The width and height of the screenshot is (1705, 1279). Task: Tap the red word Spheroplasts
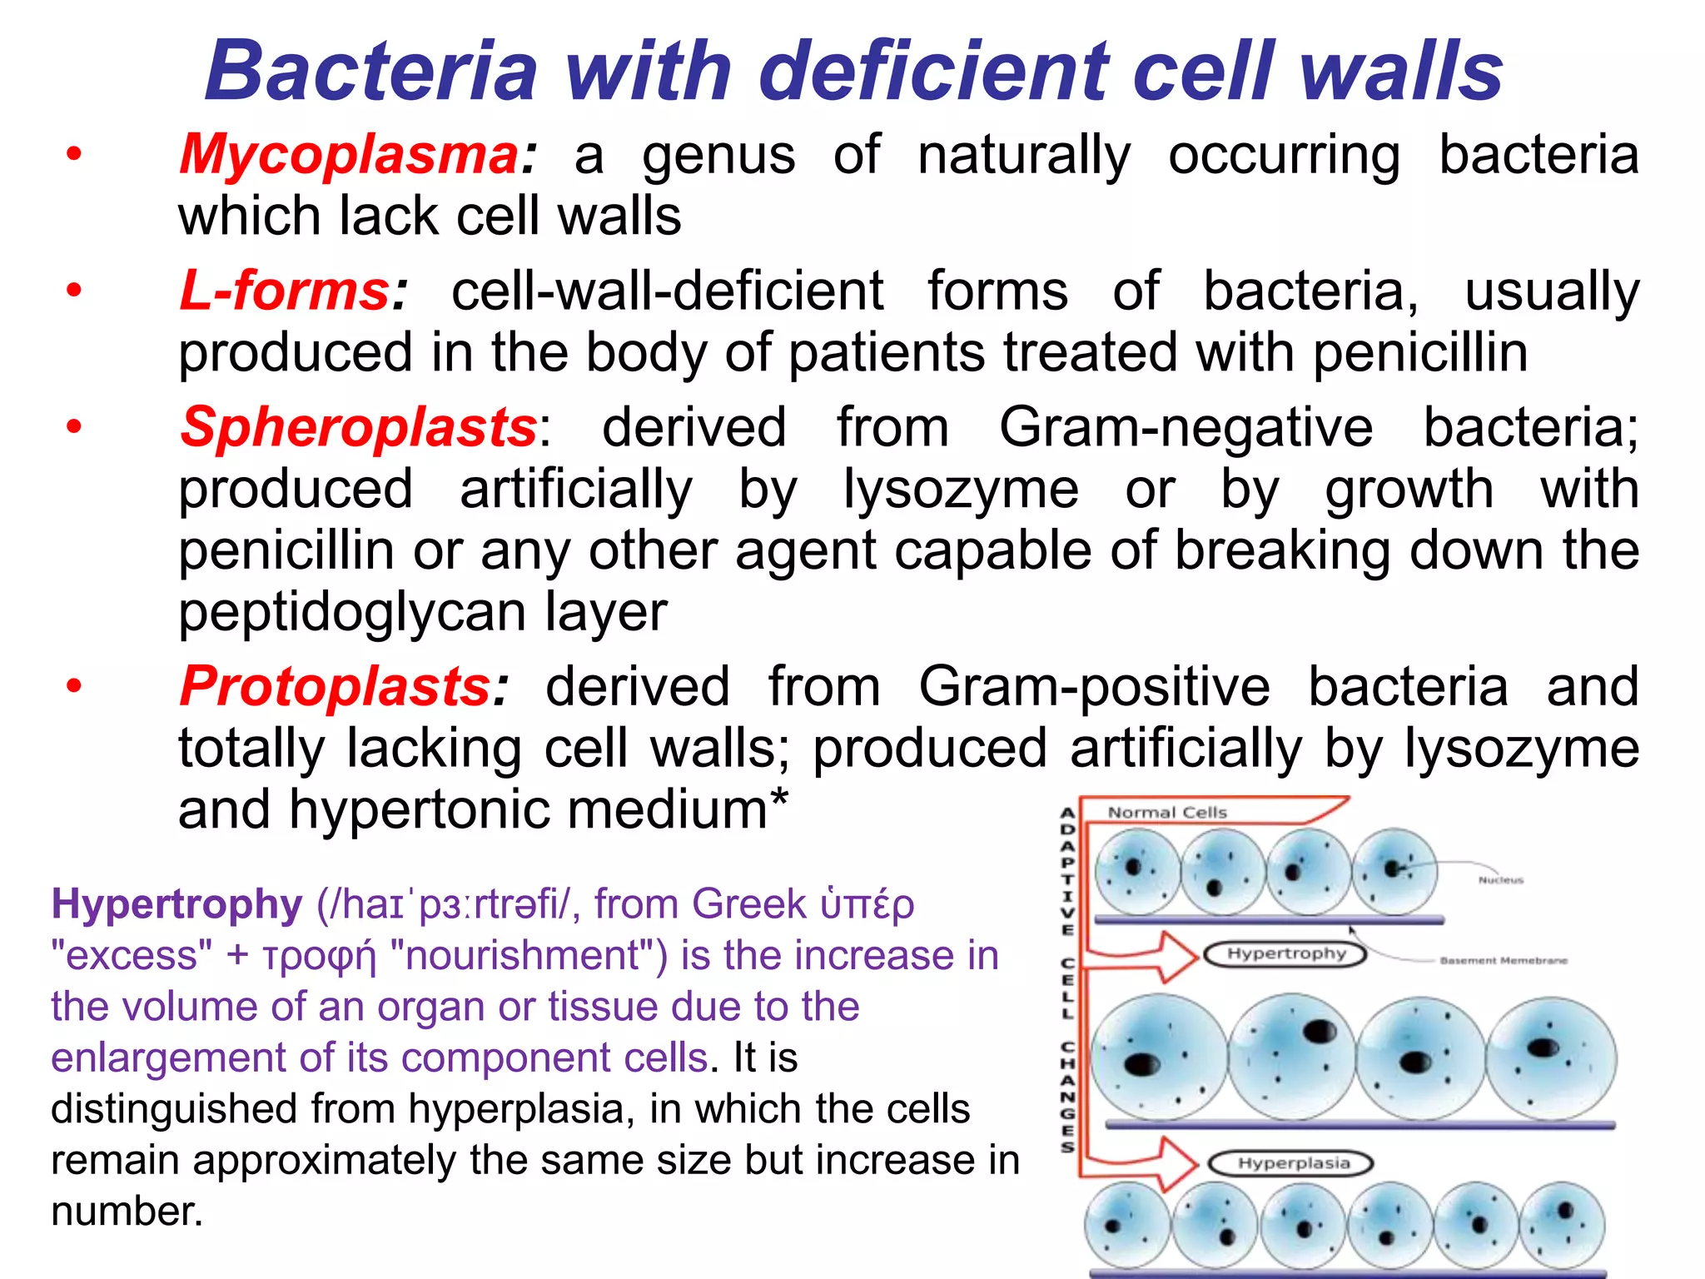[359, 428]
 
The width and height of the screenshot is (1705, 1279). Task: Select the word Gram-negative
[1186, 428]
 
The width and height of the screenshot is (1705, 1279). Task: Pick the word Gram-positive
[1094, 687]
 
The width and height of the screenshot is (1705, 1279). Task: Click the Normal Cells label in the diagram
[1166, 813]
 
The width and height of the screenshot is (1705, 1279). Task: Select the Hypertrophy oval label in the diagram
[1285, 953]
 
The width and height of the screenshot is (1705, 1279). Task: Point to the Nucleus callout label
[1500, 880]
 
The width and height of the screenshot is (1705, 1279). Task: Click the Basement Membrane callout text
[1503, 961]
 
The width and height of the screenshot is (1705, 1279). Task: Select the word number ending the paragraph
[127, 1212]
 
